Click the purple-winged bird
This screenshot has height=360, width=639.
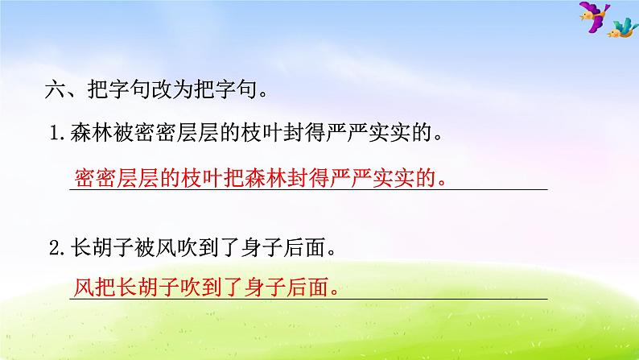[593, 18]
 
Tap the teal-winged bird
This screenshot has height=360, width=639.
[620, 30]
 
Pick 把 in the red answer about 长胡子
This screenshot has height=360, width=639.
[101, 287]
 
